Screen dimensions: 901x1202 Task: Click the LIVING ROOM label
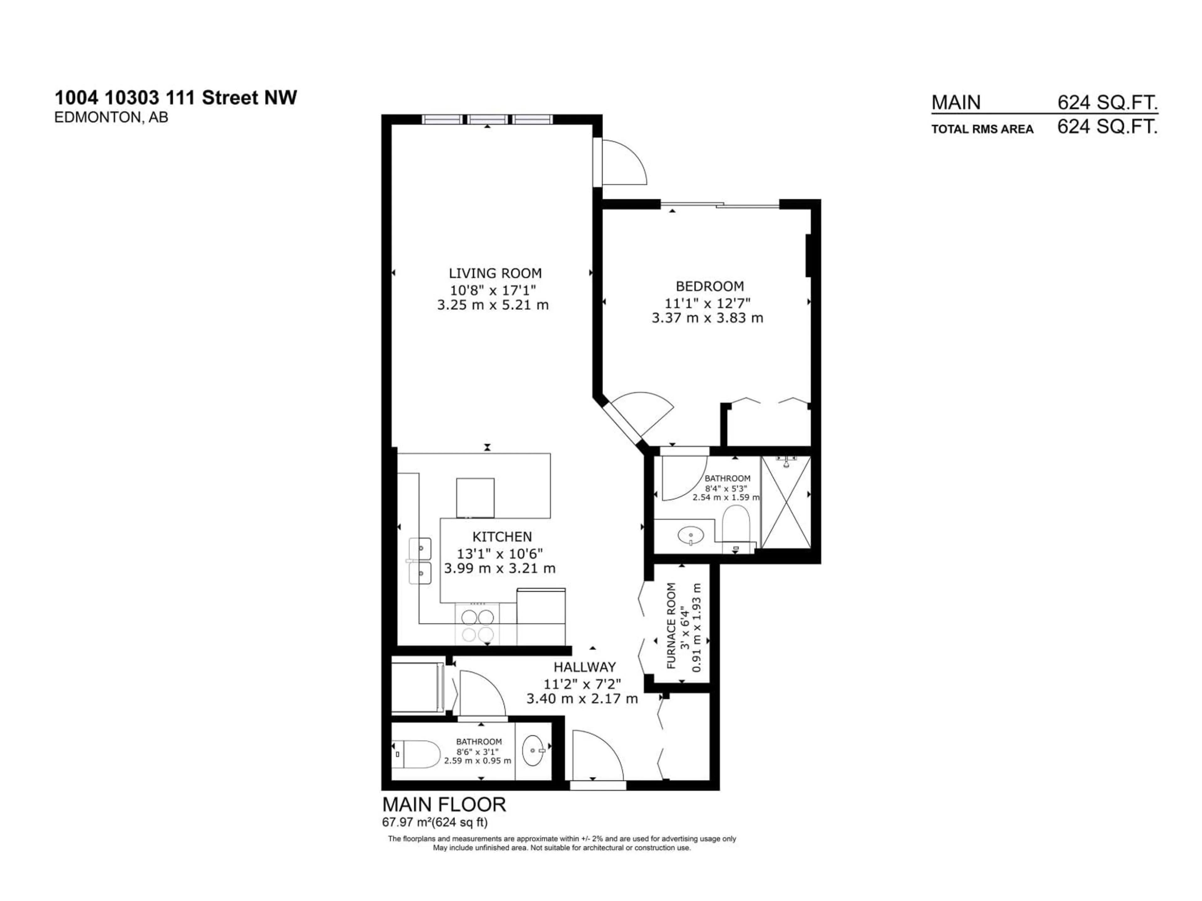(x=495, y=273)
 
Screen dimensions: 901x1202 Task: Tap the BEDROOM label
(x=710, y=286)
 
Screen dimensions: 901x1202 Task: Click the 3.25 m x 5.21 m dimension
(x=493, y=305)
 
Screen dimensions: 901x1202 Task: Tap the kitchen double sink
(x=420, y=561)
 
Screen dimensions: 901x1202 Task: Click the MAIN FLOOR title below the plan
(x=444, y=804)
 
